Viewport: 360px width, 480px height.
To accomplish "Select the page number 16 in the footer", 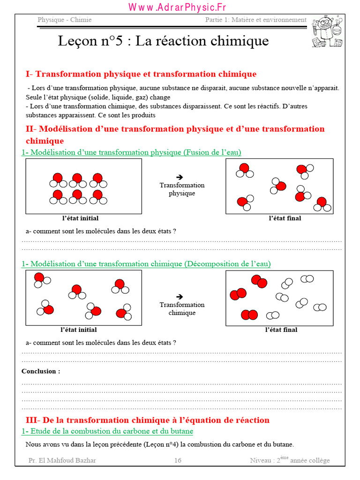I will coord(178,460).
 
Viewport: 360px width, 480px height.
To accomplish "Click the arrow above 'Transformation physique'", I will coord(180,177).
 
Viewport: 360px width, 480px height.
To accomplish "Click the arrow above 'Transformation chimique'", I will coord(180,296).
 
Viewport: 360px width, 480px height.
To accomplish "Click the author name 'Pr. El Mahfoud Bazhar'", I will coord(62,460).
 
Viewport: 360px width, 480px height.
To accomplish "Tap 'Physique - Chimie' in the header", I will coord(65,20).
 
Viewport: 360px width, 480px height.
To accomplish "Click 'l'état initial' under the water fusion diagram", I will coord(80,218).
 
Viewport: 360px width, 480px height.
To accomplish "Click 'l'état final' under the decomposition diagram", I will coord(281,330).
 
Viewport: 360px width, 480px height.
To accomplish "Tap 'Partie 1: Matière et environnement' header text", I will coord(256,20).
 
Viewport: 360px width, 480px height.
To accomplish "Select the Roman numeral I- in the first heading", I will coord(29,74).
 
